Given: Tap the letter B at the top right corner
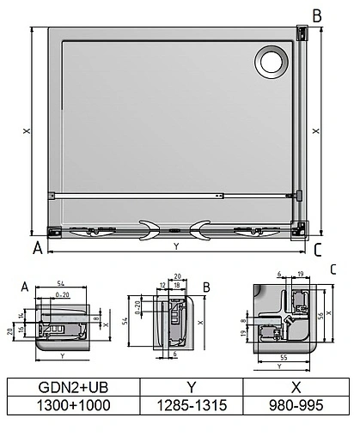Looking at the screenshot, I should pyautogui.click(x=316, y=15).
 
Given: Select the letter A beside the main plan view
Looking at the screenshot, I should pyautogui.click(x=37, y=250).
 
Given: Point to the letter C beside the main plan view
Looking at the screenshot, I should pyautogui.click(x=317, y=250).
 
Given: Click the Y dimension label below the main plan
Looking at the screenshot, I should pyautogui.click(x=176, y=247).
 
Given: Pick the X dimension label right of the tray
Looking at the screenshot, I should pyautogui.click(x=317, y=130).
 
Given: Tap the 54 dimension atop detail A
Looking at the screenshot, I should pyautogui.click(x=60, y=282).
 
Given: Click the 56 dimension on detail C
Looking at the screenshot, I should pyautogui.click(x=320, y=315).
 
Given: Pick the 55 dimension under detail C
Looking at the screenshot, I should pyautogui.click(x=284, y=355).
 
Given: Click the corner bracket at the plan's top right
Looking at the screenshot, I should pyautogui.click(x=302, y=33).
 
